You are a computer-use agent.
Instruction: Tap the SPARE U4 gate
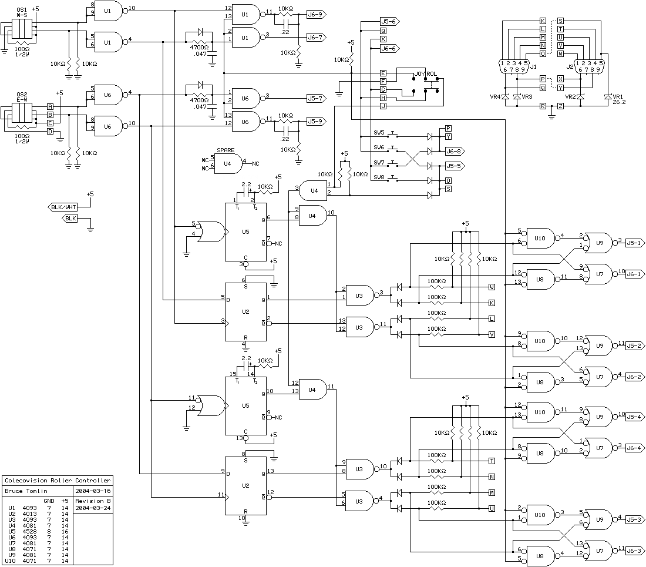(x=228, y=163)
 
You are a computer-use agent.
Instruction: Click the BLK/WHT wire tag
(x=63, y=207)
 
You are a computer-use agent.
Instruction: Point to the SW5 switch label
(x=379, y=133)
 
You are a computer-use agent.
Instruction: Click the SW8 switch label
(x=379, y=177)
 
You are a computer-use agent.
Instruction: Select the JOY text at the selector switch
(x=419, y=74)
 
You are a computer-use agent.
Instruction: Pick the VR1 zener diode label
(x=618, y=96)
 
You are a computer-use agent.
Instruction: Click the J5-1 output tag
(x=635, y=243)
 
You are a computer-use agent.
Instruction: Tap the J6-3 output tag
(x=635, y=551)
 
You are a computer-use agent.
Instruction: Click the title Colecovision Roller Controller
(x=58, y=481)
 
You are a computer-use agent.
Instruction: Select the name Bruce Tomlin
(x=26, y=491)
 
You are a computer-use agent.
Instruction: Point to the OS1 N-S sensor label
(x=22, y=12)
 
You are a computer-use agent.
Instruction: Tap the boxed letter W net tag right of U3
(x=492, y=287)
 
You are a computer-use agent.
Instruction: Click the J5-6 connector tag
(x=389, y=21)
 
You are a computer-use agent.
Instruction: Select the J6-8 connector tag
(x=455, y=151)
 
